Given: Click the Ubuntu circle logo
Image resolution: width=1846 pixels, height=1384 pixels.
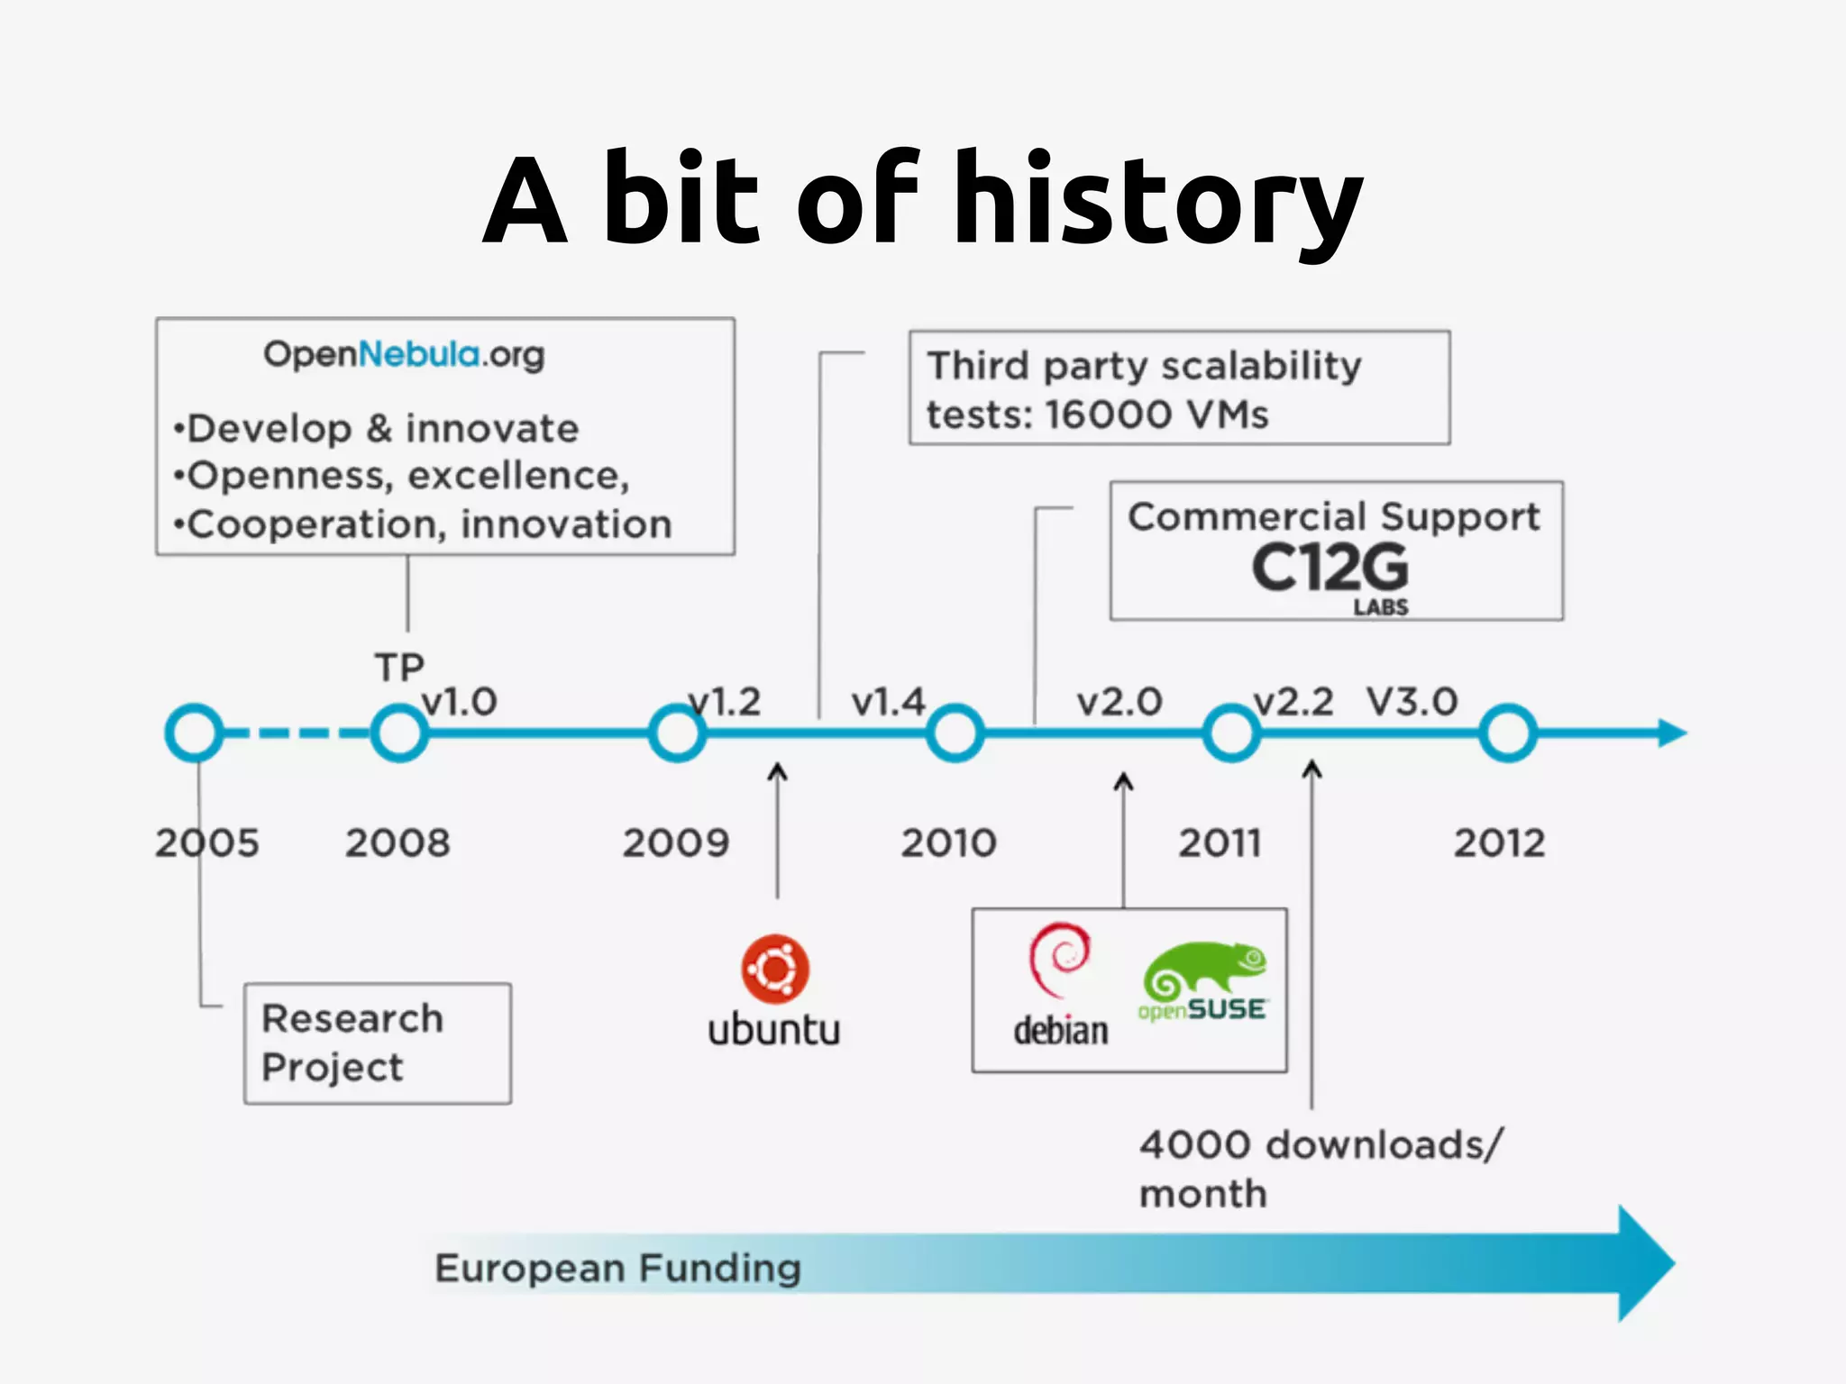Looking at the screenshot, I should (775, 969).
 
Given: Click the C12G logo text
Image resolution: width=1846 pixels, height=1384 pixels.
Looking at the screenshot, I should (1330, 568).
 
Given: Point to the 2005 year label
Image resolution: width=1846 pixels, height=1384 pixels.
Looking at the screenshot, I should (206, 843).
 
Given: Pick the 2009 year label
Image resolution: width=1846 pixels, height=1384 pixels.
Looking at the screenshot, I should (675, 843).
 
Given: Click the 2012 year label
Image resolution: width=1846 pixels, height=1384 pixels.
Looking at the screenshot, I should (1499, 843).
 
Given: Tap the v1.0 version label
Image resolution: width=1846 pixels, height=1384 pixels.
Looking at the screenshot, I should (460, 702).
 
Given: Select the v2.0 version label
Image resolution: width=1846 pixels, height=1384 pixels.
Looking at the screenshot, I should (1119, 702).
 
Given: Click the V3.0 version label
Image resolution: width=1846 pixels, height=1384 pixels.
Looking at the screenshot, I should (1412, 702).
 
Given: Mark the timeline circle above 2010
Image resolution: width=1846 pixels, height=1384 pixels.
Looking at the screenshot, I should (955, 733).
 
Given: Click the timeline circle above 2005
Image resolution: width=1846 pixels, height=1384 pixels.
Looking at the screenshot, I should (194, 733).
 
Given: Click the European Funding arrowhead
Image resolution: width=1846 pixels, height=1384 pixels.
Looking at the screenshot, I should (1645, 1263).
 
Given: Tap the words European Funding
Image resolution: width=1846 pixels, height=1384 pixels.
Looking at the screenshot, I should (617, 1268).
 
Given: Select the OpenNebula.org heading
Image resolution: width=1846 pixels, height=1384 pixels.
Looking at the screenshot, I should (404, 354).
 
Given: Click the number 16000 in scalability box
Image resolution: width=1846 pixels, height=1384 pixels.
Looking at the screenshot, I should (1108, 415).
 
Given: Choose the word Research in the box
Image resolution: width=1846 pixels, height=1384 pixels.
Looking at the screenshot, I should (352, 1019).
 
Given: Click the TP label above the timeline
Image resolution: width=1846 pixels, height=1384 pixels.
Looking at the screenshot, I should (399, 668).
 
